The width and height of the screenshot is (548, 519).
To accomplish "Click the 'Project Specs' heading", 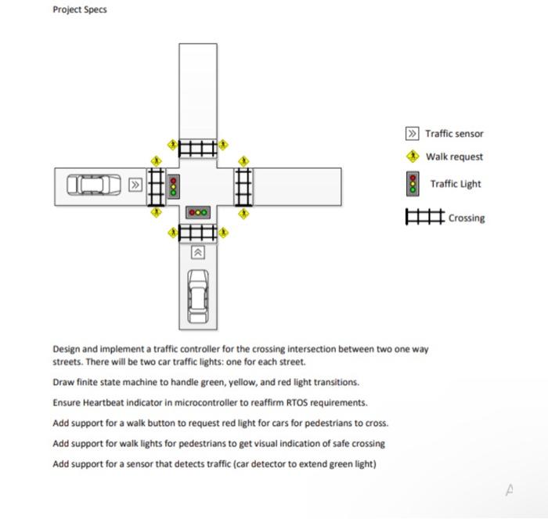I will click(79, 9).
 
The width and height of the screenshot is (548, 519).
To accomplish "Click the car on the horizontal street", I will click(95, 186).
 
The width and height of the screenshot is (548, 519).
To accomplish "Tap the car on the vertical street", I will click(198, 295).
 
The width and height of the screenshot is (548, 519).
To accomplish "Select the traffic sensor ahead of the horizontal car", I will click(136, 186).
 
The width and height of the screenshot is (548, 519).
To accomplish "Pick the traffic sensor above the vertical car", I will click(198, 252).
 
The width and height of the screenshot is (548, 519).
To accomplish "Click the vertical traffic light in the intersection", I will click(174, 186).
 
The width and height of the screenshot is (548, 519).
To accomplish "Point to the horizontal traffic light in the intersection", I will click(198, 212).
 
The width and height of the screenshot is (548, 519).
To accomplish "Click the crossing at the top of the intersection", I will click(197, 147).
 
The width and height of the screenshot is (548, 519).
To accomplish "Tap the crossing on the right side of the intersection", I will click(243, 186).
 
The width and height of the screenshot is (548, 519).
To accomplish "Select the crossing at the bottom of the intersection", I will click(197, 232).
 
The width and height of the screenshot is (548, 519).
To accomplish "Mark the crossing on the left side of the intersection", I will click(156, 186).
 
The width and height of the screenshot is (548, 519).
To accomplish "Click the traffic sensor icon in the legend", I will click(413, 134).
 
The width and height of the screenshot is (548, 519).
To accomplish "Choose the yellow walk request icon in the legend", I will click(413, 157).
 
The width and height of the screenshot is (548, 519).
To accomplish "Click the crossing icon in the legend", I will click(424, 218).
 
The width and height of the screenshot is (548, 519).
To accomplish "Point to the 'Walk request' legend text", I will click(454, 157).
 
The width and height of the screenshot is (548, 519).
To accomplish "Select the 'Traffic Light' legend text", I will click(456, 184).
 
